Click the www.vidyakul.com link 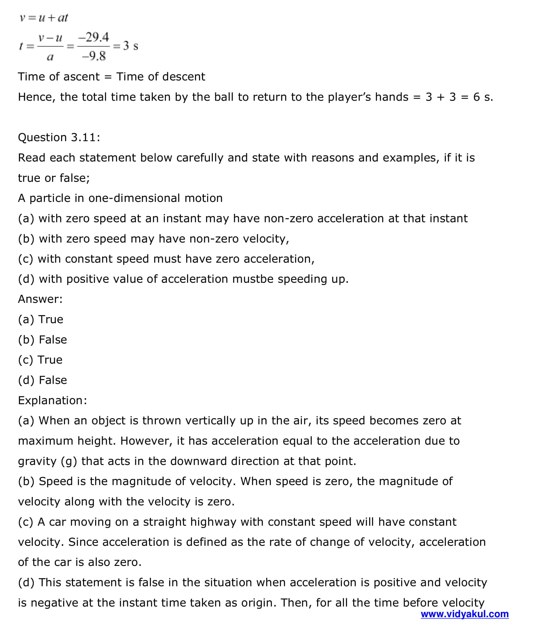pos(464,614)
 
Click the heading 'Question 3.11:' pos(59,137)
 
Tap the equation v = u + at pos(43,18)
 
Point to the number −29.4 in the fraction pos(94,37)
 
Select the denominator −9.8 pos(94,56)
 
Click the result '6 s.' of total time pos(483,97)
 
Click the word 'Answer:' pos(40,299)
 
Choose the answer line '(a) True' pos(41,319)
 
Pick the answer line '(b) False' pos(42,339)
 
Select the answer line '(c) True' pos(40,359)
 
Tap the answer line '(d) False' pos(42,380)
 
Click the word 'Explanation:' pos(53,400)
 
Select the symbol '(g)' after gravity pos(69,461)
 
